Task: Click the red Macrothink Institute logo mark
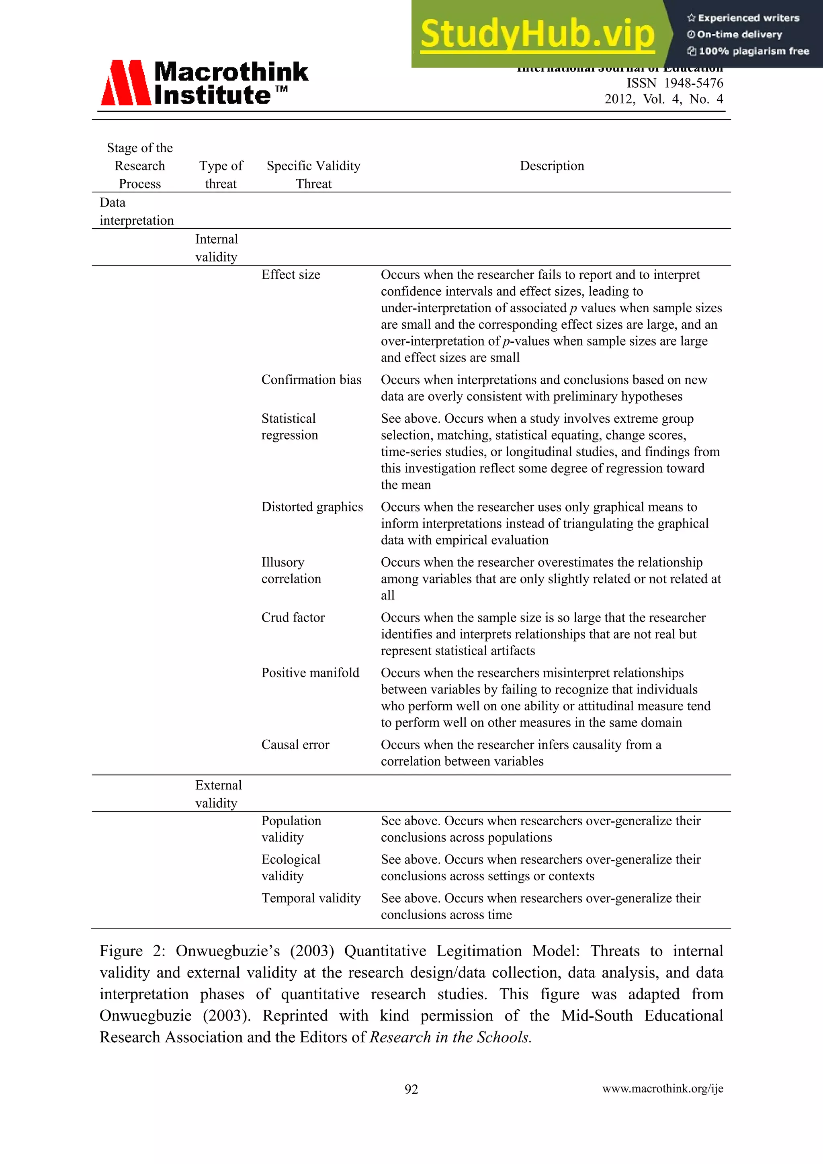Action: [125, 83]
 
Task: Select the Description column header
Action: [552, 166]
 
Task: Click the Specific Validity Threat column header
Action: [313, 174]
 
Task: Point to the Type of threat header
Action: [221, 174]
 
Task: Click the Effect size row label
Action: [291, 275]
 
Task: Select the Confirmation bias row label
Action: [311, 380]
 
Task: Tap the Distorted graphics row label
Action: [312, 507]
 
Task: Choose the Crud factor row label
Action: [293, 618]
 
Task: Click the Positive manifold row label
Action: [310, 673]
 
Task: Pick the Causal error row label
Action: [295, 745]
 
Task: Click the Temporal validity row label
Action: [311, 898]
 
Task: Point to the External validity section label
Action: [218, 794]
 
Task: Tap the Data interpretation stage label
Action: [136, 211]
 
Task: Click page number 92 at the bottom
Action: [411, 1089]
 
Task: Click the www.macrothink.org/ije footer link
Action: [662, 1088]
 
